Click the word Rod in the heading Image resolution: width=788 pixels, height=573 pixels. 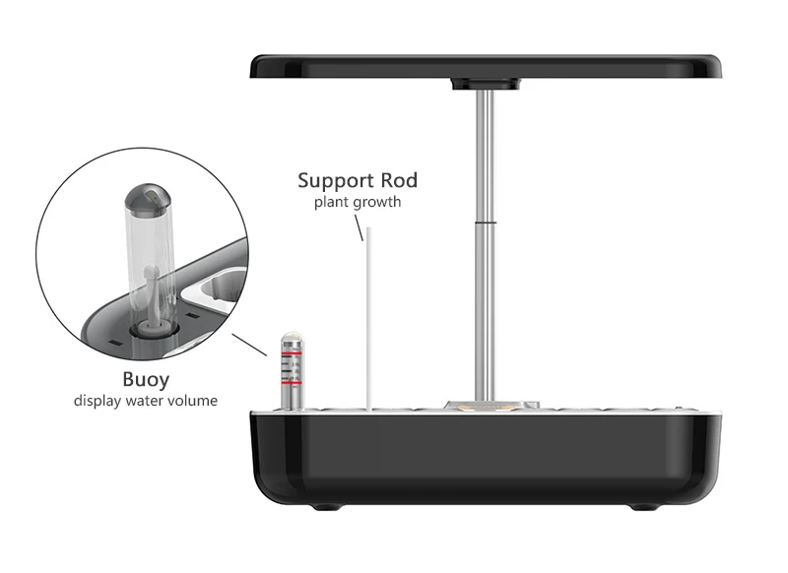[396, 180]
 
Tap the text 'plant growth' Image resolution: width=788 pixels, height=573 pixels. [358, 203]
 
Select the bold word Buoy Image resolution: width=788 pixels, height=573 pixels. [146, 379]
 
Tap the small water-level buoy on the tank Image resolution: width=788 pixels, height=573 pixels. [291, 369]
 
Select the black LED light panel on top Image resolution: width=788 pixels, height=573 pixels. [487, 66]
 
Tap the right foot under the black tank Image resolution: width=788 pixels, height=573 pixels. [640, 508]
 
